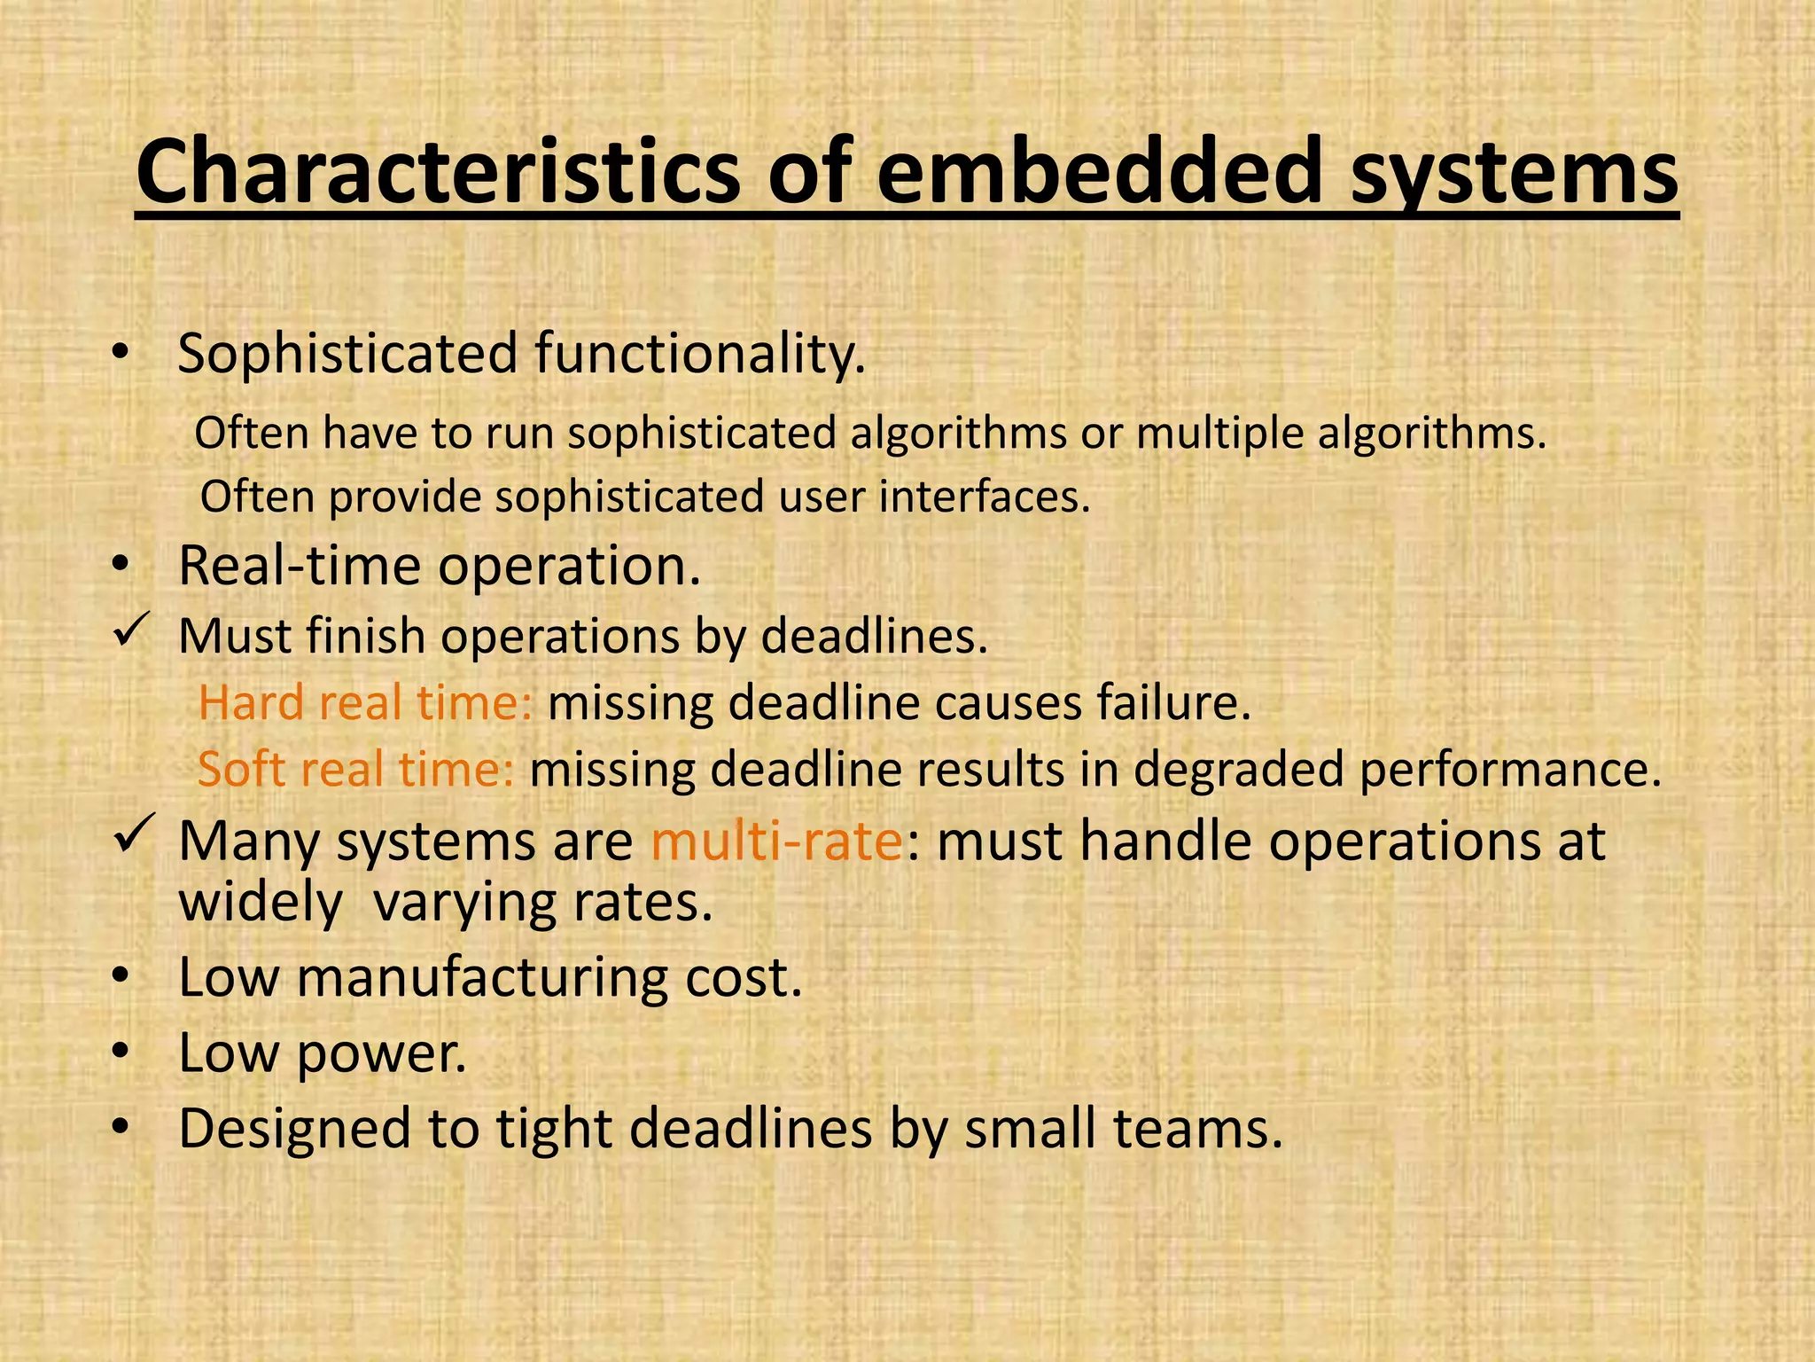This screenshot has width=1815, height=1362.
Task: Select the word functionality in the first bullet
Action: click(x=699, y=354)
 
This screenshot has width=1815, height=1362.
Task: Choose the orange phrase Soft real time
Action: click(x=355, y=769)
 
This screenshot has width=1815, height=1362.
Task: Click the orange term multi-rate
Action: click(x=776, y=841)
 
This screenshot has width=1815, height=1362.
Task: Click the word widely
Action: click(x=261, y=904)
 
